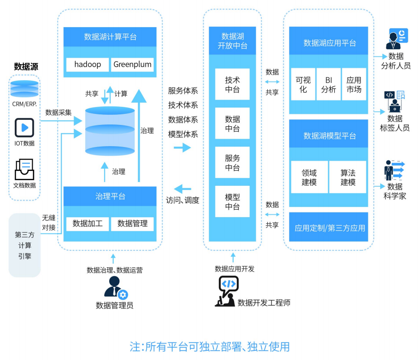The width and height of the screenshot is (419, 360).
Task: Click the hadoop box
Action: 88,65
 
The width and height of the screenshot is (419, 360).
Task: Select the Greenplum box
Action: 132,65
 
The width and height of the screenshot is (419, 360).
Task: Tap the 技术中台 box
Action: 232,84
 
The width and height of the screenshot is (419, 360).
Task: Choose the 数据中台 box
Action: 232,124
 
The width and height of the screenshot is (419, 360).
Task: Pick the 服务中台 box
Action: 232,162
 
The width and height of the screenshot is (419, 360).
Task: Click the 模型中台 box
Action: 232,201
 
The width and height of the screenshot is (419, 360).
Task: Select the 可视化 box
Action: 303,84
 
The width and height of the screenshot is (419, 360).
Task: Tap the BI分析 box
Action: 329,84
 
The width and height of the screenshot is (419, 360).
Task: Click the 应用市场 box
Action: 354,84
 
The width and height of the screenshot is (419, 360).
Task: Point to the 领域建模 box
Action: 309,177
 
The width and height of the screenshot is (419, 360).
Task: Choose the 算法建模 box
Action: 348,177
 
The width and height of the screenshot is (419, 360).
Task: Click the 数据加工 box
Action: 88,224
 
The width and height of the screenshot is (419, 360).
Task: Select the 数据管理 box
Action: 132,224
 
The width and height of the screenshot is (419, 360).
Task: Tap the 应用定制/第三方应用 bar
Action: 329,228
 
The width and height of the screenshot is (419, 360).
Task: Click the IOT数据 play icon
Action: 24,128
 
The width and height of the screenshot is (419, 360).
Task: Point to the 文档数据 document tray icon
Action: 24,170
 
